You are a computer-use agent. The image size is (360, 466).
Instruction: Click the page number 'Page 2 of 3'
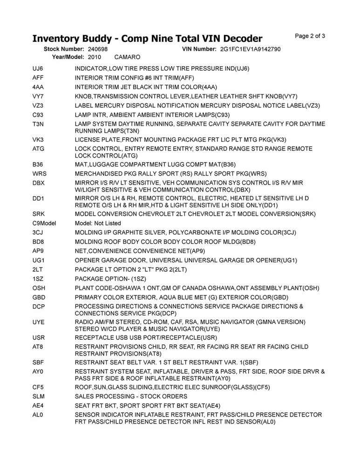tap(310, 36)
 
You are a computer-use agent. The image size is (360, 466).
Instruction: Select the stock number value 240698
tap(97, 49)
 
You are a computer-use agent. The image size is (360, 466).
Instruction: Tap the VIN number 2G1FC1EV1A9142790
tap(250, 49)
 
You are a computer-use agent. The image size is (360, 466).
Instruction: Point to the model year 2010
tap(94, 57)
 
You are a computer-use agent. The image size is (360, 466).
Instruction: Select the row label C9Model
tap(44, 223)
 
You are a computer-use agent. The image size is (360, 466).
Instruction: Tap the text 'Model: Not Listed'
tap(98, 223)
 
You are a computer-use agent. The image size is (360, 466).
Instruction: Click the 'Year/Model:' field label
tap(68, 57)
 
